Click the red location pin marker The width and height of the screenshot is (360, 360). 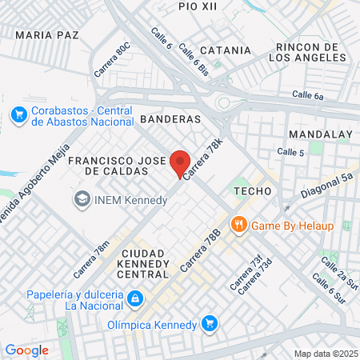click(180, 163)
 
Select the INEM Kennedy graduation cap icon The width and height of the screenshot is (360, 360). click(82, 198)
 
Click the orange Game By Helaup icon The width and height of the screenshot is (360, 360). click(238, 225)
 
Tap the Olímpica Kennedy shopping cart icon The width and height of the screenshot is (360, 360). click(210, 324)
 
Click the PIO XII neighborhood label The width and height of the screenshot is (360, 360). click(198, 6)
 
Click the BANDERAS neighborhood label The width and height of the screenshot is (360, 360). click(170, 118)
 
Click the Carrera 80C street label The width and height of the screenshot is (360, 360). click(110, 61)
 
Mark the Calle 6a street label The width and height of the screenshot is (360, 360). click(308, 95)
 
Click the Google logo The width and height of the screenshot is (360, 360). click(26, 350)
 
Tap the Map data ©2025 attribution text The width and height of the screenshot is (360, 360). click(325, 354)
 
